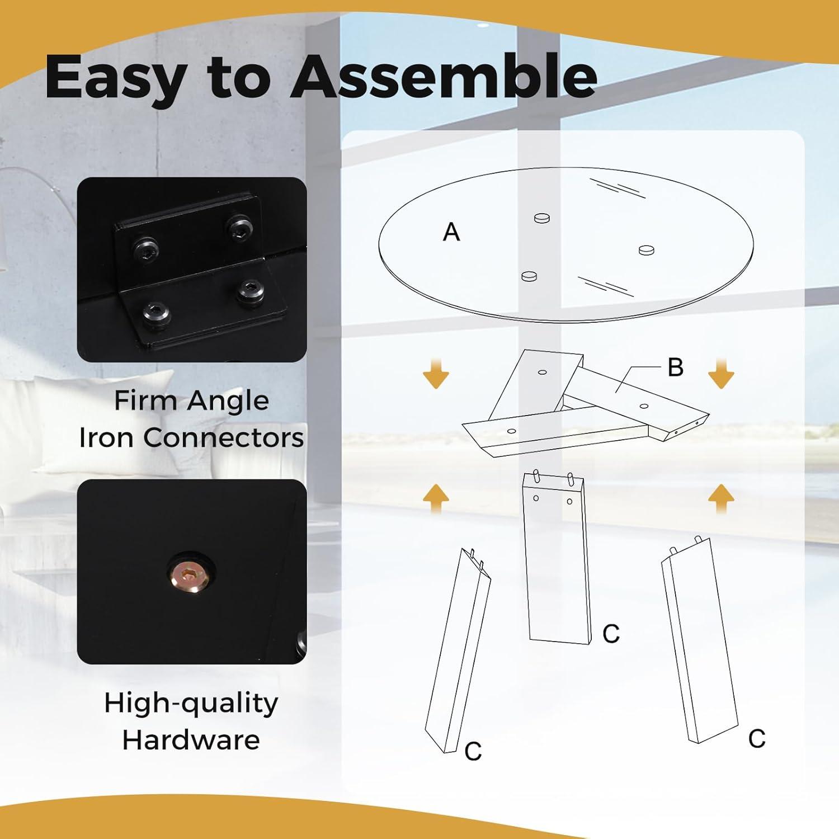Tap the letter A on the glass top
[x=451, y=232]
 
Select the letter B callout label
[x=676, y=367]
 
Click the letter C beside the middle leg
[x=611, y=634]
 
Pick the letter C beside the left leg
[x=473, y=751]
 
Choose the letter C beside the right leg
[x=757, y=739]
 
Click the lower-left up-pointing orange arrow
[x=436, y=498]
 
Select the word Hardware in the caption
[x=191, y=740]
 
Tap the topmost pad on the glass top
[x=542, y=218]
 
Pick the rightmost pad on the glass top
[x=646, y=249]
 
